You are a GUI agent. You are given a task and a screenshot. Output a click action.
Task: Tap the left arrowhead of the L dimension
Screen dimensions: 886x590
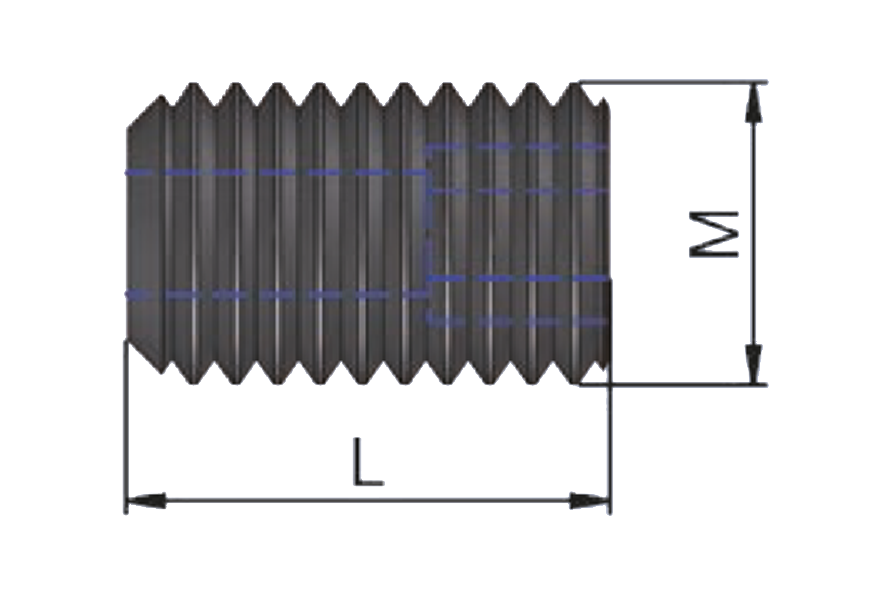coord(147,501)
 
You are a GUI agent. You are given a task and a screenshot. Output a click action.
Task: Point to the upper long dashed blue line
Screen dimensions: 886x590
coord(275,173)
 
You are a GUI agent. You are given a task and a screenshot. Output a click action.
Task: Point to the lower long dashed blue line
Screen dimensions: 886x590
coord(277,294)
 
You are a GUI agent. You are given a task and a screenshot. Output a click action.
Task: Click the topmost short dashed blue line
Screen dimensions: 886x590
coord(516,146)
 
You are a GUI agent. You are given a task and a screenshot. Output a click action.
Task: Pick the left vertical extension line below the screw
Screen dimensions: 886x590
coord(126,427)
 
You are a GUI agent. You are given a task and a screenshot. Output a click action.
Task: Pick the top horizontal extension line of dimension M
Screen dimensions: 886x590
coord(673,81)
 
